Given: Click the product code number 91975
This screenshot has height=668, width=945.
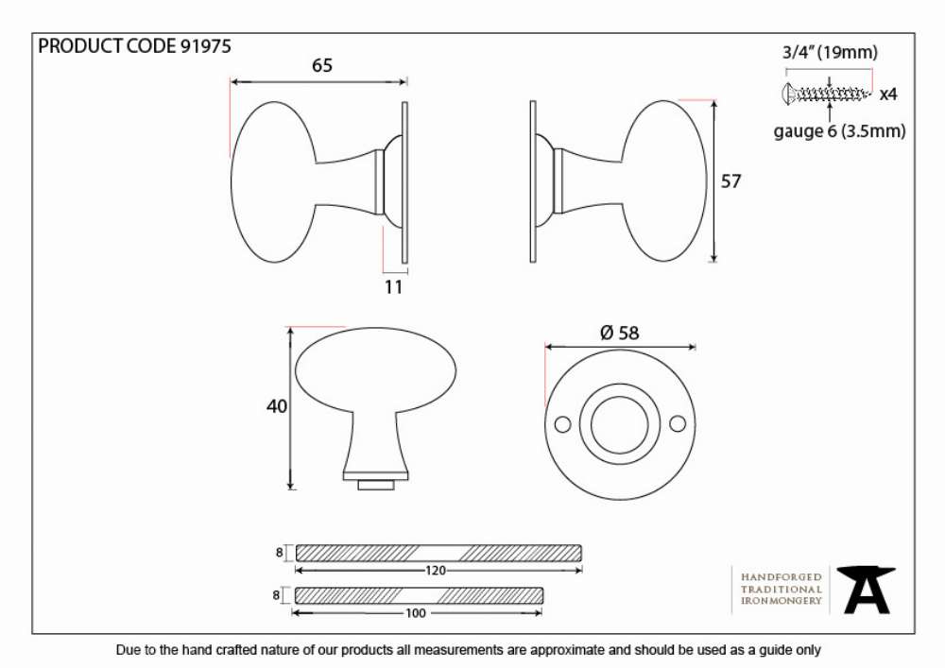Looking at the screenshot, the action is point(205,46).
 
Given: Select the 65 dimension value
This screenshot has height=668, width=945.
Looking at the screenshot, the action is point(322,65).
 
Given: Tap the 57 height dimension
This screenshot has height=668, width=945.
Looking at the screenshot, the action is point(730,180).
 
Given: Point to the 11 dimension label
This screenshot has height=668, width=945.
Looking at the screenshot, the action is point(393,287).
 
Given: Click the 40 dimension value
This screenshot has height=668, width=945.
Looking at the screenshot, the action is point(277,406).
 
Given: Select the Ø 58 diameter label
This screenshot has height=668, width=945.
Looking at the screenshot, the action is point(620,333).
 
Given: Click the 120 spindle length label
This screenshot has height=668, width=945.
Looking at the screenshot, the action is point(435,571).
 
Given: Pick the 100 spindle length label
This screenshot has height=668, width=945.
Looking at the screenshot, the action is point(415,613).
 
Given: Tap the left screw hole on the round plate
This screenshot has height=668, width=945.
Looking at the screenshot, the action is point(561,424).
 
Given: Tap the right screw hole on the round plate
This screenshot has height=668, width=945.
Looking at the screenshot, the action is point(678,424).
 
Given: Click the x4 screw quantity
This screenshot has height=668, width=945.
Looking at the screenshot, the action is point(888,94).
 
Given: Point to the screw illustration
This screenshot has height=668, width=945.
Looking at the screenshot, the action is point(826,94).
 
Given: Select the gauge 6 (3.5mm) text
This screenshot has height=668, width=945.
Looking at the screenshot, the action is point(839,130).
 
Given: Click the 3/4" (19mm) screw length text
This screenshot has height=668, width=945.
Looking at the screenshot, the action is point(830,52).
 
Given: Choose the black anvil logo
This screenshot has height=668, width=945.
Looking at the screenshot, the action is point(867,590).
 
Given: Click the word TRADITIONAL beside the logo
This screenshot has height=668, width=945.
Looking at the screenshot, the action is point(782,589).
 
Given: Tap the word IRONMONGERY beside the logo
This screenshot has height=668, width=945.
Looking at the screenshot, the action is point(782,601).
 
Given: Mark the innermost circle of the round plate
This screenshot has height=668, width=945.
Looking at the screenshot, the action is point(620,424).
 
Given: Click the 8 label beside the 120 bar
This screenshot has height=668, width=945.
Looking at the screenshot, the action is point(279,552).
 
